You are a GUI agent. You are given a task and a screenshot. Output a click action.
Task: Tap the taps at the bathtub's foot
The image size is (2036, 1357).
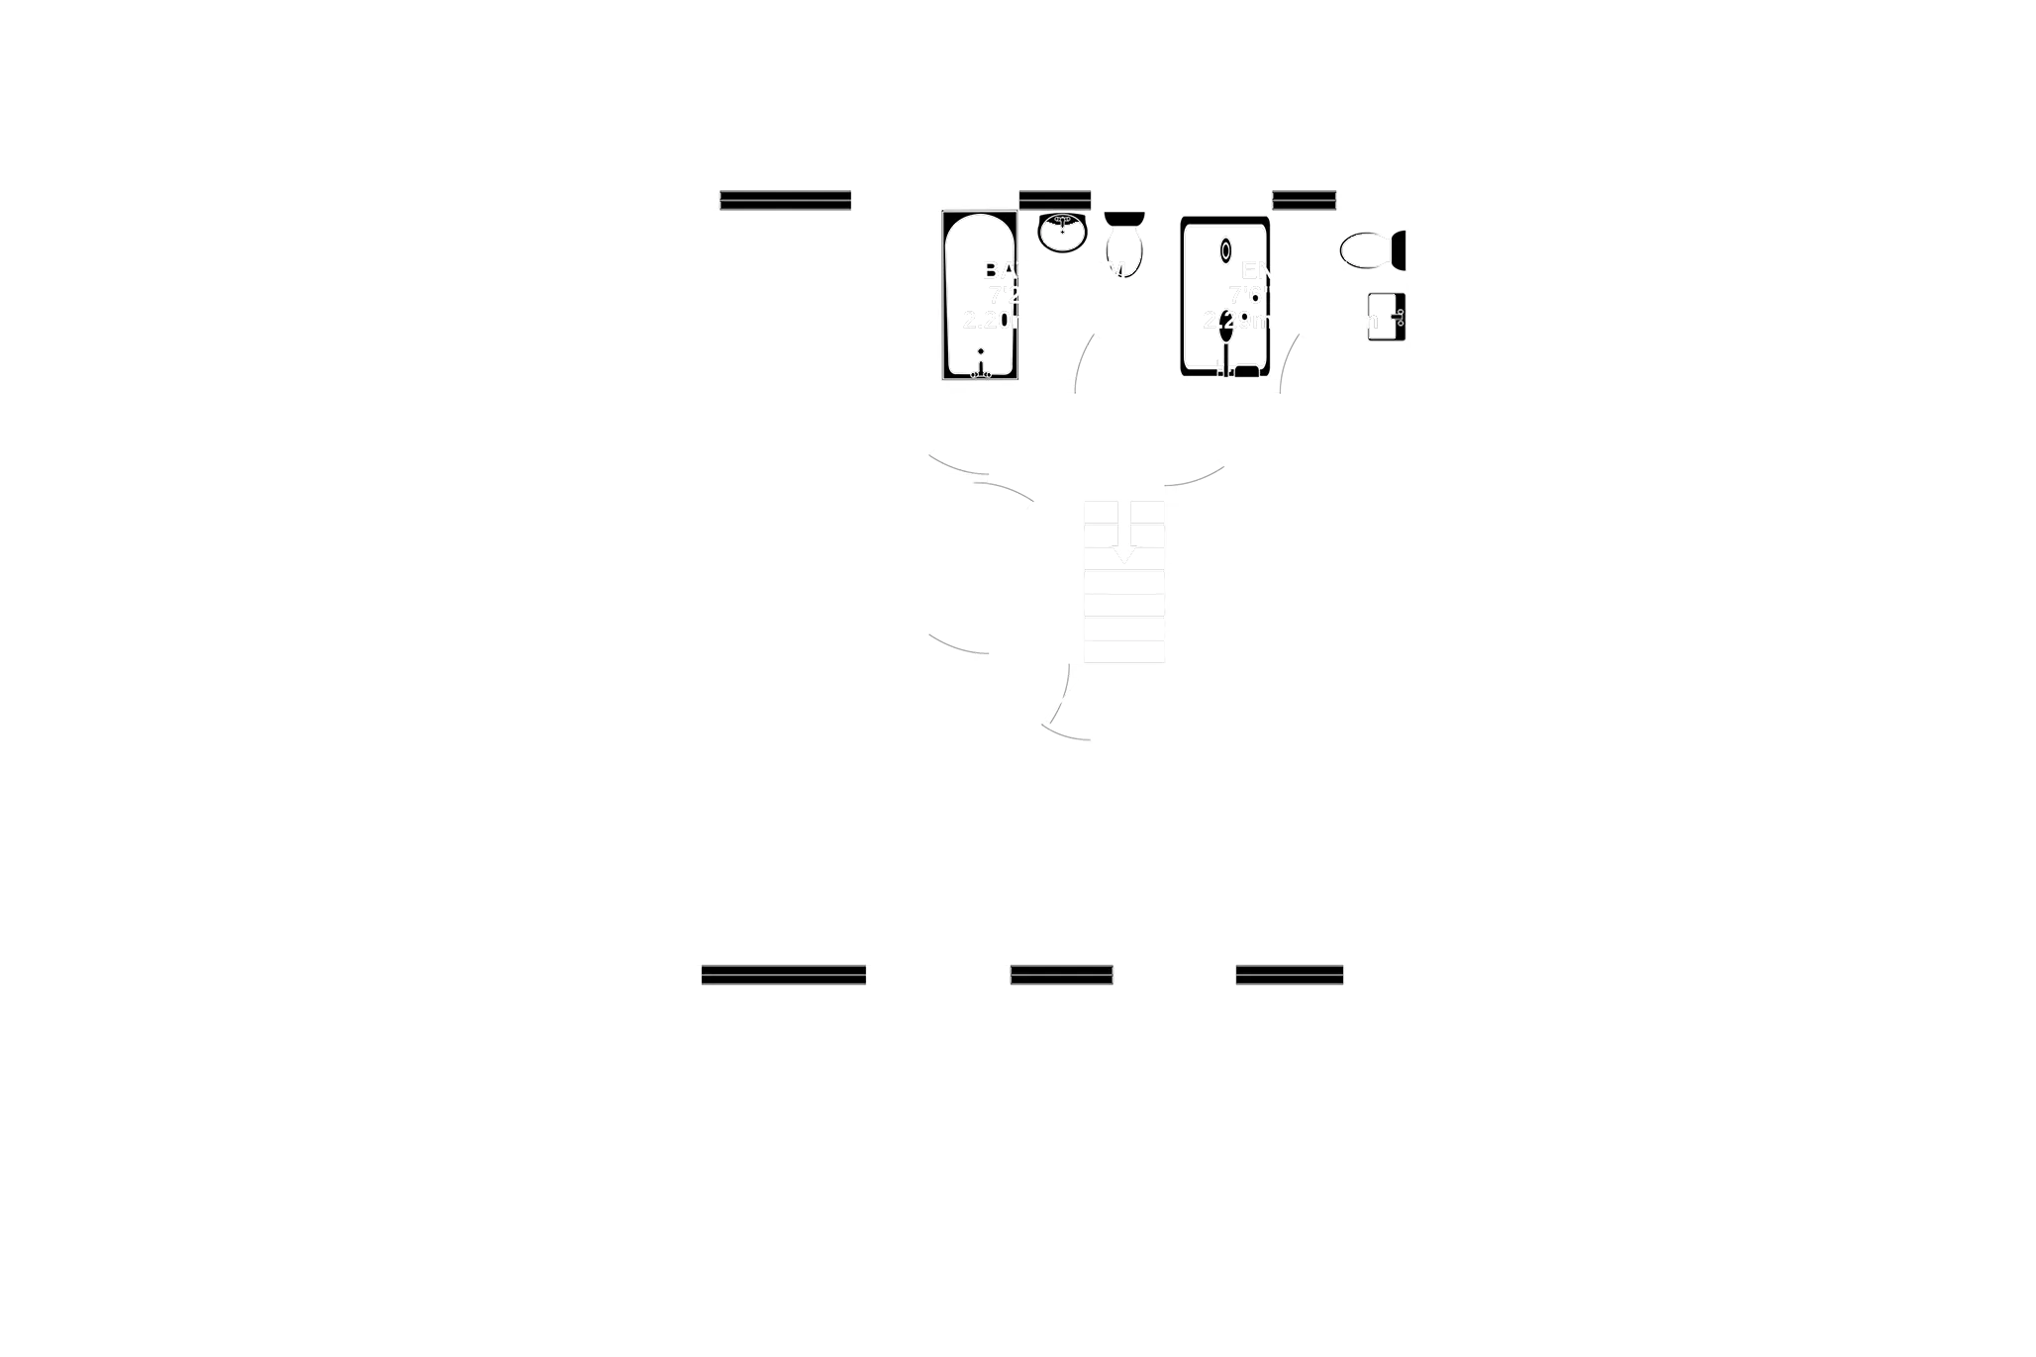(980, 370)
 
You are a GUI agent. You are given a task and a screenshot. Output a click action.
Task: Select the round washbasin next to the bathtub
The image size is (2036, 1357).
(1063, 233)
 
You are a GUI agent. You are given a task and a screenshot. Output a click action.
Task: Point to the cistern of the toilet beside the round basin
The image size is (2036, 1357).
(1125, 218)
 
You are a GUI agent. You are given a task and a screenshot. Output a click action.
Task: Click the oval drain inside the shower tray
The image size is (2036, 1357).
(1226, 250)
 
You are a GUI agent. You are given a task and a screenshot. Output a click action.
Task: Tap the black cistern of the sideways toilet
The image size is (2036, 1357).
(1400, 250)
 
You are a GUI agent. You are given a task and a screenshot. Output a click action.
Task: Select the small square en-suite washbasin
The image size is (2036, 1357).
(1386, 318)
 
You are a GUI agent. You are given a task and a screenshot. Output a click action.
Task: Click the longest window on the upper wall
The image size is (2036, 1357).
(785, 201)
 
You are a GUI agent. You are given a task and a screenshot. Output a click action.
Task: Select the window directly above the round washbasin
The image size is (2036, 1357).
(1055, 201)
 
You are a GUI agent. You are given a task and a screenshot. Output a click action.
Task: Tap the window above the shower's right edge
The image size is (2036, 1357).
(1304, 201)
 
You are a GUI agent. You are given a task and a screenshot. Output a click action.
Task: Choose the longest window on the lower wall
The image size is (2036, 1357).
(783, 974)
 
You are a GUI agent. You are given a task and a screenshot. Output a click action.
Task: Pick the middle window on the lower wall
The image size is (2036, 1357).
(1062, 974)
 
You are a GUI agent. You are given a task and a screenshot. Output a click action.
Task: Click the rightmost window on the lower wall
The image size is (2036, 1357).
(1290, 974)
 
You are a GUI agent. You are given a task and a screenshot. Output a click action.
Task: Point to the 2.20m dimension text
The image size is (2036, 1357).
(989, 320)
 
